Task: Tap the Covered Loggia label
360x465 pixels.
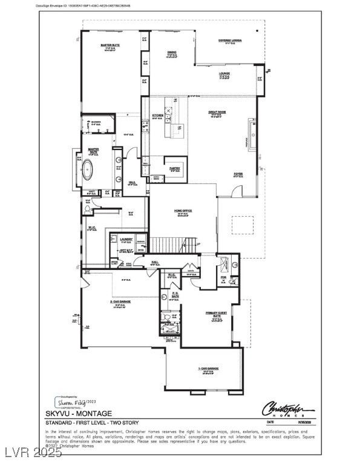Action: point(230,41)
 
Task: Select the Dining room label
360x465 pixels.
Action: point(172,53)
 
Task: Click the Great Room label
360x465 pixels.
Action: point(217,112)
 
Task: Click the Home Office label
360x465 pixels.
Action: point(183,211)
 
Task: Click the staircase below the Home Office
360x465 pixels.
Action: point(173,245)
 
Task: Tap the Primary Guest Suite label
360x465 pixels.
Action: point(216,313)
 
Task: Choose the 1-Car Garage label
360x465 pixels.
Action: point(208,368)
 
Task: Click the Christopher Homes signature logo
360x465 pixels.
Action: point(288,407)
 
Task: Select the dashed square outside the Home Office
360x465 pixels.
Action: point(246,226)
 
